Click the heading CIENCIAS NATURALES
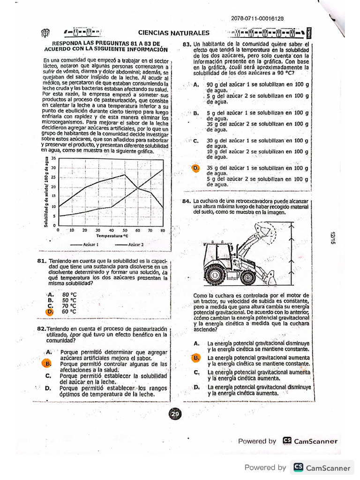pyautogui.click(x=173, y=33)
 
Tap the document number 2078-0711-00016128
pyautogui.click(x=257, y=19)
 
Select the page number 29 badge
pyautogui.click(x=175, y=414)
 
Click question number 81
pyautogui.click(x=41, y=261)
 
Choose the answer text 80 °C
pyautogui.click(x=69, y=294)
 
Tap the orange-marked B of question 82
pyautogui.click(x=47, y=363)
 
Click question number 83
pyautogui.click(x=187, y=45)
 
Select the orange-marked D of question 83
pyautogui.click(x=195, y=168)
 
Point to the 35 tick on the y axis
pyautogui.click(x=53, y=158)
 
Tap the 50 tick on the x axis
pyautogui.click(x=124, y=230)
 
